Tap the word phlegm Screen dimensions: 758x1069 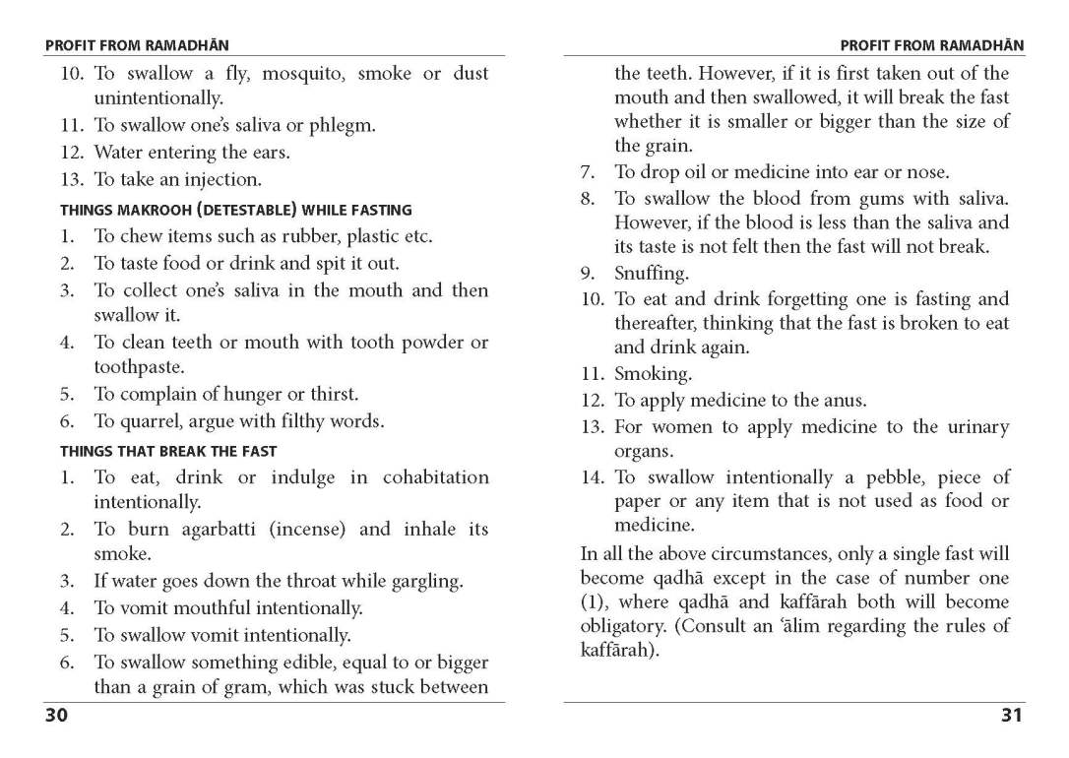click(x=343, y=126)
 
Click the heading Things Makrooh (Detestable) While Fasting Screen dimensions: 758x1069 click(x=236, y=210)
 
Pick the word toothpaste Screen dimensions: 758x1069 click(x=139, y=367)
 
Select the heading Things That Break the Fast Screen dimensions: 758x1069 click(x=168, y=451)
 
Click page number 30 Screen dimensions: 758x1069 click(x=55, y=716)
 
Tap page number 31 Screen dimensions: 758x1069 click(x=1012, y=716)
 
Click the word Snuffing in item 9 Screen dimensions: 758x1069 click(x=652, y=273)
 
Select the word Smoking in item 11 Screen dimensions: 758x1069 click(x=653, y=374)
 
